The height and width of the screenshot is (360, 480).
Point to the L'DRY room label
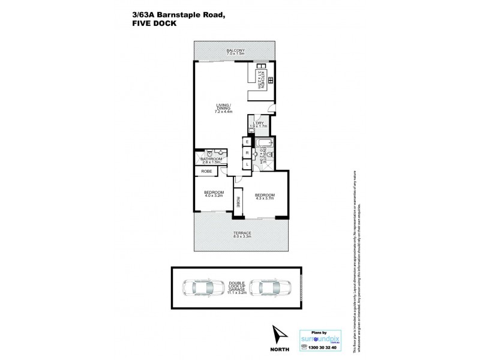pos(260,124)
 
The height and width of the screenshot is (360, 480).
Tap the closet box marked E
pos(247,142)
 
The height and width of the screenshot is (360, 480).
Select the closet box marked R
pos(247,153)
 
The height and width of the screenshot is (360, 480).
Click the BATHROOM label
pos(211,159)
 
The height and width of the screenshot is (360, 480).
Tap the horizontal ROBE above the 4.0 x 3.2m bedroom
pos(206,172)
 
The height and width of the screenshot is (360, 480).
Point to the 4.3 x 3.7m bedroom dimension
pos(265,198)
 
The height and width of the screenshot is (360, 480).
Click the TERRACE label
pos(242,233)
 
